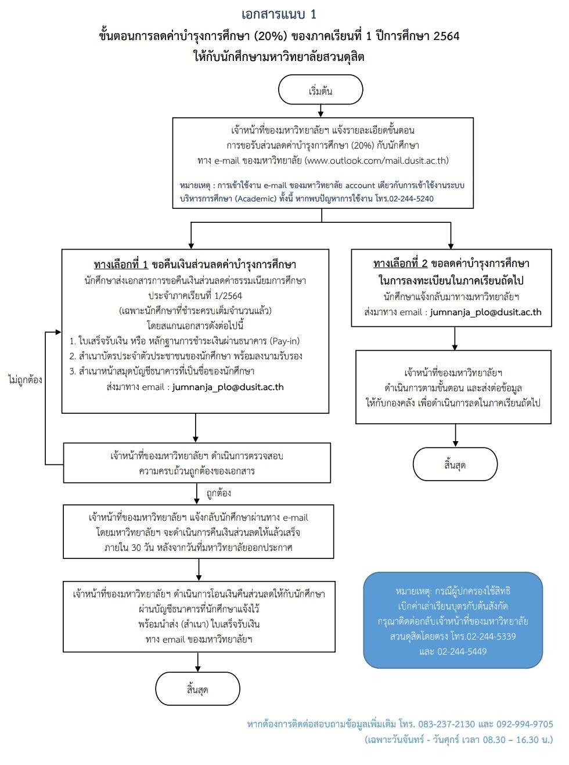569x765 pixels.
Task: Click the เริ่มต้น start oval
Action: point(320,89)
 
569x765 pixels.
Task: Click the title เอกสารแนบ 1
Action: point(279,15)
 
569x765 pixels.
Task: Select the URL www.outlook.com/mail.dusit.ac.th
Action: point(377,160)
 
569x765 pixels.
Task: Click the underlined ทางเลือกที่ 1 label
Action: point(121,265)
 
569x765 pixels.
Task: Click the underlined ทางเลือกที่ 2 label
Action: point(400,264)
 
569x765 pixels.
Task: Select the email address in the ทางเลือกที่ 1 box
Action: point(228,387)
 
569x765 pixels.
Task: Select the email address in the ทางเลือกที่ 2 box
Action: point(485,312)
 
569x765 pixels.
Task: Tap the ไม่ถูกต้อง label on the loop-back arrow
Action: point(25,380)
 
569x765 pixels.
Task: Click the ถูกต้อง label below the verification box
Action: point(219,493)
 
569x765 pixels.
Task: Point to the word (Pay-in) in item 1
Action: point(284,341)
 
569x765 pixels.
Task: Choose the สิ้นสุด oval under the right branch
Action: point(455,464)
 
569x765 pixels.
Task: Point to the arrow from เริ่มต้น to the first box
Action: point(320,111)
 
